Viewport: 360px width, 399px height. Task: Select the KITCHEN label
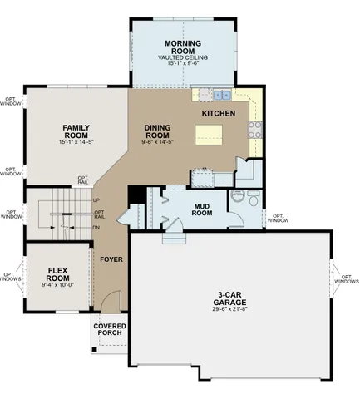click(219, 113)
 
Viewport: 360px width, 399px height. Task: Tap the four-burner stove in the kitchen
click(255, 129)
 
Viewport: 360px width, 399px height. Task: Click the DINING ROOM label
click(158, 131)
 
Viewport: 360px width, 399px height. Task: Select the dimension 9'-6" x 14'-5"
click(158, 143)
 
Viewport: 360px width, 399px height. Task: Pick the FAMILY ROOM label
click(76, 131)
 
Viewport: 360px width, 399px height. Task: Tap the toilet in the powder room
click(237, 198)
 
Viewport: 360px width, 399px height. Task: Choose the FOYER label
click(111, 259)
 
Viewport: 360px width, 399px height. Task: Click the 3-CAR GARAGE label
click(231, 298)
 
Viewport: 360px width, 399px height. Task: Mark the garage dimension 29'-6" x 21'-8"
click(231, 310)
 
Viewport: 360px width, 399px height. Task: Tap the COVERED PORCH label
click(109, 329)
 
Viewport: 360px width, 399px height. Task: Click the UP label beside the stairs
click(96, 200)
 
